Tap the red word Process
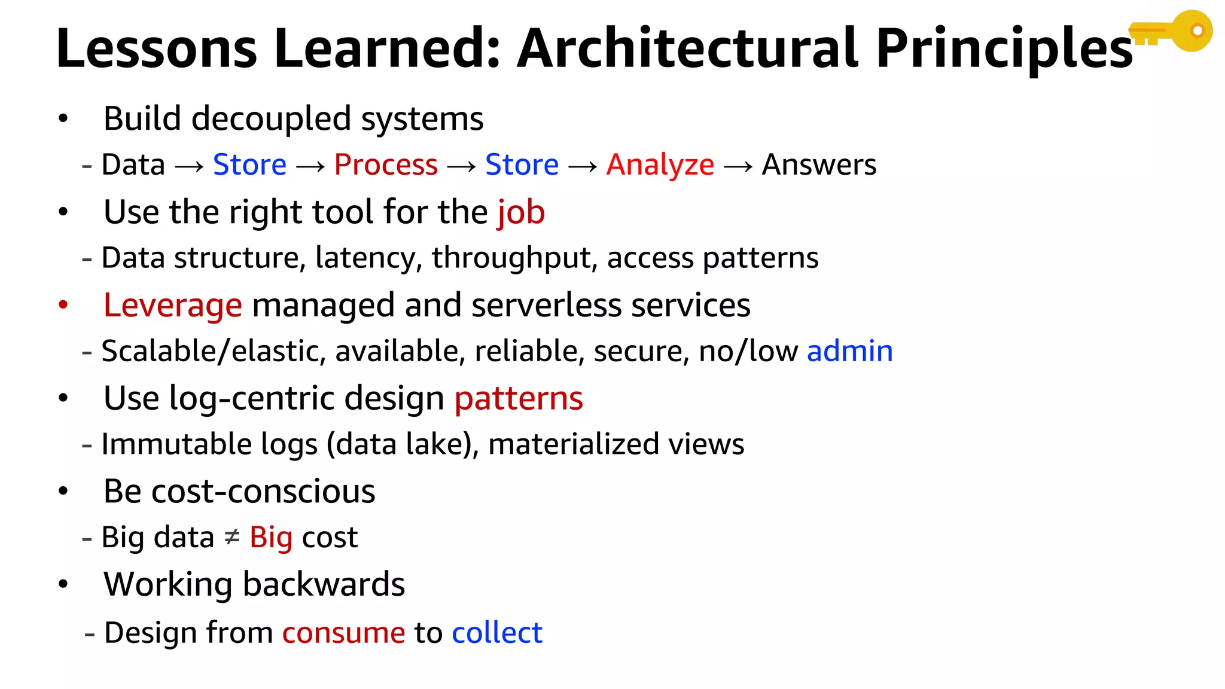coord(386,164)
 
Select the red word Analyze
coord(660,165)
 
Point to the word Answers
coord(819,164)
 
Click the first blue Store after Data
coord(249,164)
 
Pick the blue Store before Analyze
coord(522,164)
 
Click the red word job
coord(521,213)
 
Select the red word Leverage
coord(172,306)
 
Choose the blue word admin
coord(849,351)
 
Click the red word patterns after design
coord(519,399)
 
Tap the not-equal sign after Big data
coord(232,537)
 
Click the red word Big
coord(271,538)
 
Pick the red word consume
coord(343,633)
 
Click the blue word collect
coord(497,633)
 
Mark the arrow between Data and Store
coord(189,166)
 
